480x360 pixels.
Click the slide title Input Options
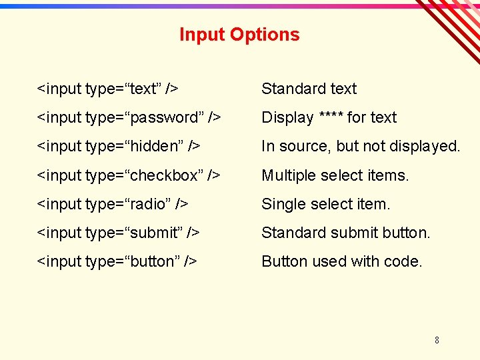tap(239, 35)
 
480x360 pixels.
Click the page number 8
tap(437, 340)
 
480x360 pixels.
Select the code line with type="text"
tap(107, 89)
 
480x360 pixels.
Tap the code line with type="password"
tap(129, 117)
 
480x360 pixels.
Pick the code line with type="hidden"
tap(119, 146)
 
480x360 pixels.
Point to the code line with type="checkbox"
tap(129, 175)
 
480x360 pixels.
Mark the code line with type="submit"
tap(118, 233)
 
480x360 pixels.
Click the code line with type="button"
tap(117, 261)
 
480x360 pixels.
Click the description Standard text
tap(309, 89)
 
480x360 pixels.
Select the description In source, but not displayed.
tap(361, 146)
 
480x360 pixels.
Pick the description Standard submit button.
tap(346, 233)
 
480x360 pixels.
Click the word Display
tap(287, 117)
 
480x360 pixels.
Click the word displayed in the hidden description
tap(425, 146)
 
